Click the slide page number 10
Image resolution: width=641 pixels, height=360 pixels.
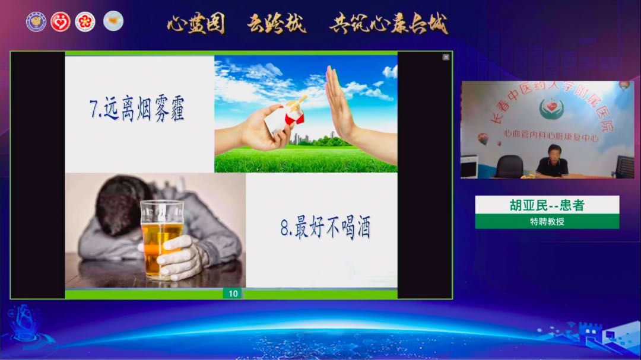coord(233,294)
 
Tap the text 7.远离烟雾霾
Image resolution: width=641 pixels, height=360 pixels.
coord(137,110)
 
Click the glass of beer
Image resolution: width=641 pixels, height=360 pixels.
coord(161,237)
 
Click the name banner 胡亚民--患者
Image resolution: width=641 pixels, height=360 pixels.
coord(547,205)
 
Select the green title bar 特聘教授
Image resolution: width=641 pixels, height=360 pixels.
coord(547,222)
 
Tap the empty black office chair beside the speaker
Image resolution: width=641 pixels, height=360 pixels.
coord(509,166)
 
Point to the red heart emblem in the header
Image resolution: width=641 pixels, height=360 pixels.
coord(61,22)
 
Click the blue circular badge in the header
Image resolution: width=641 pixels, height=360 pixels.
coord(36,22)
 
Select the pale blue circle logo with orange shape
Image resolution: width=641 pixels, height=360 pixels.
coord(113,21)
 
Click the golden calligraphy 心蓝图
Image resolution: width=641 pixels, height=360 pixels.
coord(195,24)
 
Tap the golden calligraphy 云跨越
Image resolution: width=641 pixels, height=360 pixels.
coord(277,24)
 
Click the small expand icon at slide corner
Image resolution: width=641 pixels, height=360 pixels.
coord(445,58)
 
